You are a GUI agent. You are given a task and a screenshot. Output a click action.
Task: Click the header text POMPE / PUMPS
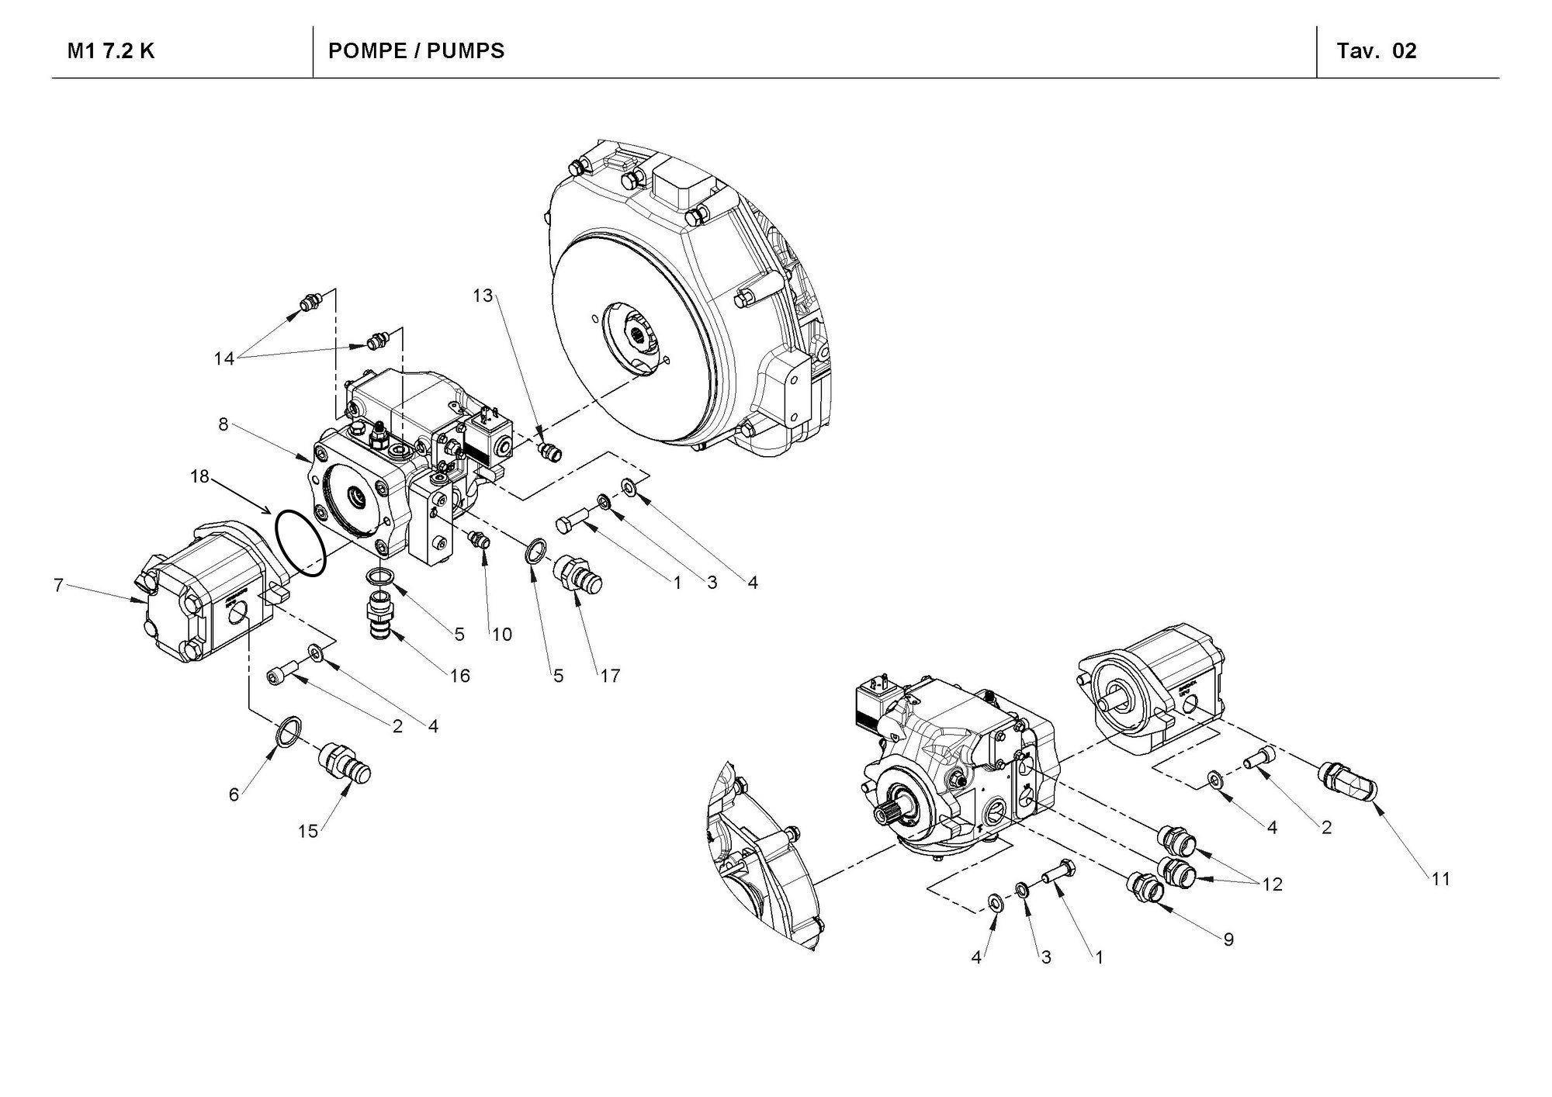coord(416,51)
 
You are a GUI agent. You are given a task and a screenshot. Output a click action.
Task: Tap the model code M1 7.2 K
coord(111,51)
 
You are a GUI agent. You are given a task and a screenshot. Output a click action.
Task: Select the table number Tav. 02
coord(1377,51)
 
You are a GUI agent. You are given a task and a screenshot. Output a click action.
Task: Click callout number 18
coord(199,476)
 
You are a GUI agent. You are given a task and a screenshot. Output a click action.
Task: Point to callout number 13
coord(483,296)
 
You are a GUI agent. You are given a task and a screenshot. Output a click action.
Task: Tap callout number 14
coord(224,358)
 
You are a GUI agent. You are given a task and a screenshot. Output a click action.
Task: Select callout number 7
coord(58,585)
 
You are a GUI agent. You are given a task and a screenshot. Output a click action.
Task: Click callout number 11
coord(1440,879)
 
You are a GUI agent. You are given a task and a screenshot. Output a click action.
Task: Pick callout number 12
coord(1272,884)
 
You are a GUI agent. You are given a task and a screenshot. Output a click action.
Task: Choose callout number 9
coord(1228,940)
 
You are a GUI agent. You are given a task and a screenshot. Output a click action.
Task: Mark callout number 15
coord(308,831)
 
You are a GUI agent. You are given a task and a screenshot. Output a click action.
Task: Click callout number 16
coord(460,676)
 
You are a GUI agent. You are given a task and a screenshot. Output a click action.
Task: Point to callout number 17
coord(611,676)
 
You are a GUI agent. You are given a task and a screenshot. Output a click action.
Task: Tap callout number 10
coord(502,635)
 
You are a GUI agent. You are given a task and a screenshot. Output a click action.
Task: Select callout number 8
coord(223,425)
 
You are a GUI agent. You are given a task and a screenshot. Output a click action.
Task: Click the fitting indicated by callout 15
coord(347,763)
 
